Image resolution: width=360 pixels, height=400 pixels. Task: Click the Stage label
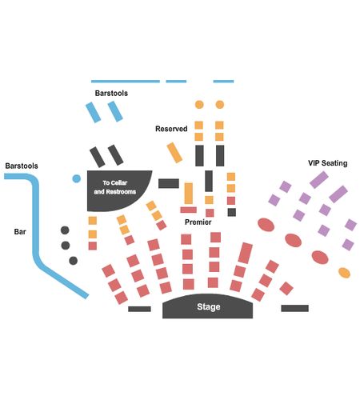click(x=209, y=306)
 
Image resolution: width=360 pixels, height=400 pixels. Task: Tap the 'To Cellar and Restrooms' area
click(x=118, y=190)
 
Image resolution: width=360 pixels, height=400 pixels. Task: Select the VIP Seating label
click(x=328, y=163)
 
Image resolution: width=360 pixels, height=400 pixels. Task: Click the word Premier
click(x=198, y=222)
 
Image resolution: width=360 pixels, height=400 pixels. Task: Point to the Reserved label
click(x=171, y=129)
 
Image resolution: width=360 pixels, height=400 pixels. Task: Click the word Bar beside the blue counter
click(x=20, y=231)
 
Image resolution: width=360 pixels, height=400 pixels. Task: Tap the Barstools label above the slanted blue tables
click(x=111, y=93)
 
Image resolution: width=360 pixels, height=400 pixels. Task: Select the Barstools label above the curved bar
click(x=22, y=166)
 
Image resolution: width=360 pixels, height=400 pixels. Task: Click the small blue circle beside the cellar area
click(x=77, y=178)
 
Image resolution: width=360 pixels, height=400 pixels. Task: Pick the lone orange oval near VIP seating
click(x=344, y=273)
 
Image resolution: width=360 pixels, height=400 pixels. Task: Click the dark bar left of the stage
click(x=139, y=309)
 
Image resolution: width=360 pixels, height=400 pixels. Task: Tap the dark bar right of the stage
click(x=294, y=308)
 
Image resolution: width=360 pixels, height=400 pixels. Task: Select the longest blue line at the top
click(x=126, y=82)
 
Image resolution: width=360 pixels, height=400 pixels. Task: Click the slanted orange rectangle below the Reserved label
click(x=174, y=153)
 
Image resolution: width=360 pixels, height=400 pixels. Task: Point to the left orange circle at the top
click(x=199, y=105)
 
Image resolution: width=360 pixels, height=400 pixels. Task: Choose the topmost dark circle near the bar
click(x=65, y=230)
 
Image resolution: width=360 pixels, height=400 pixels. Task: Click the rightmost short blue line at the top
click(x=223, y=82)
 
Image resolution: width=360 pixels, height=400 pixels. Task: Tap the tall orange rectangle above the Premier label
click(x=189, y=194)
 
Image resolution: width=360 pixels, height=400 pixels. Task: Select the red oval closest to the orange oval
click(x=320, y=258)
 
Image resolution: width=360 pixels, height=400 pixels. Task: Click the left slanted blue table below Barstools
click(x=93, y=112)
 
